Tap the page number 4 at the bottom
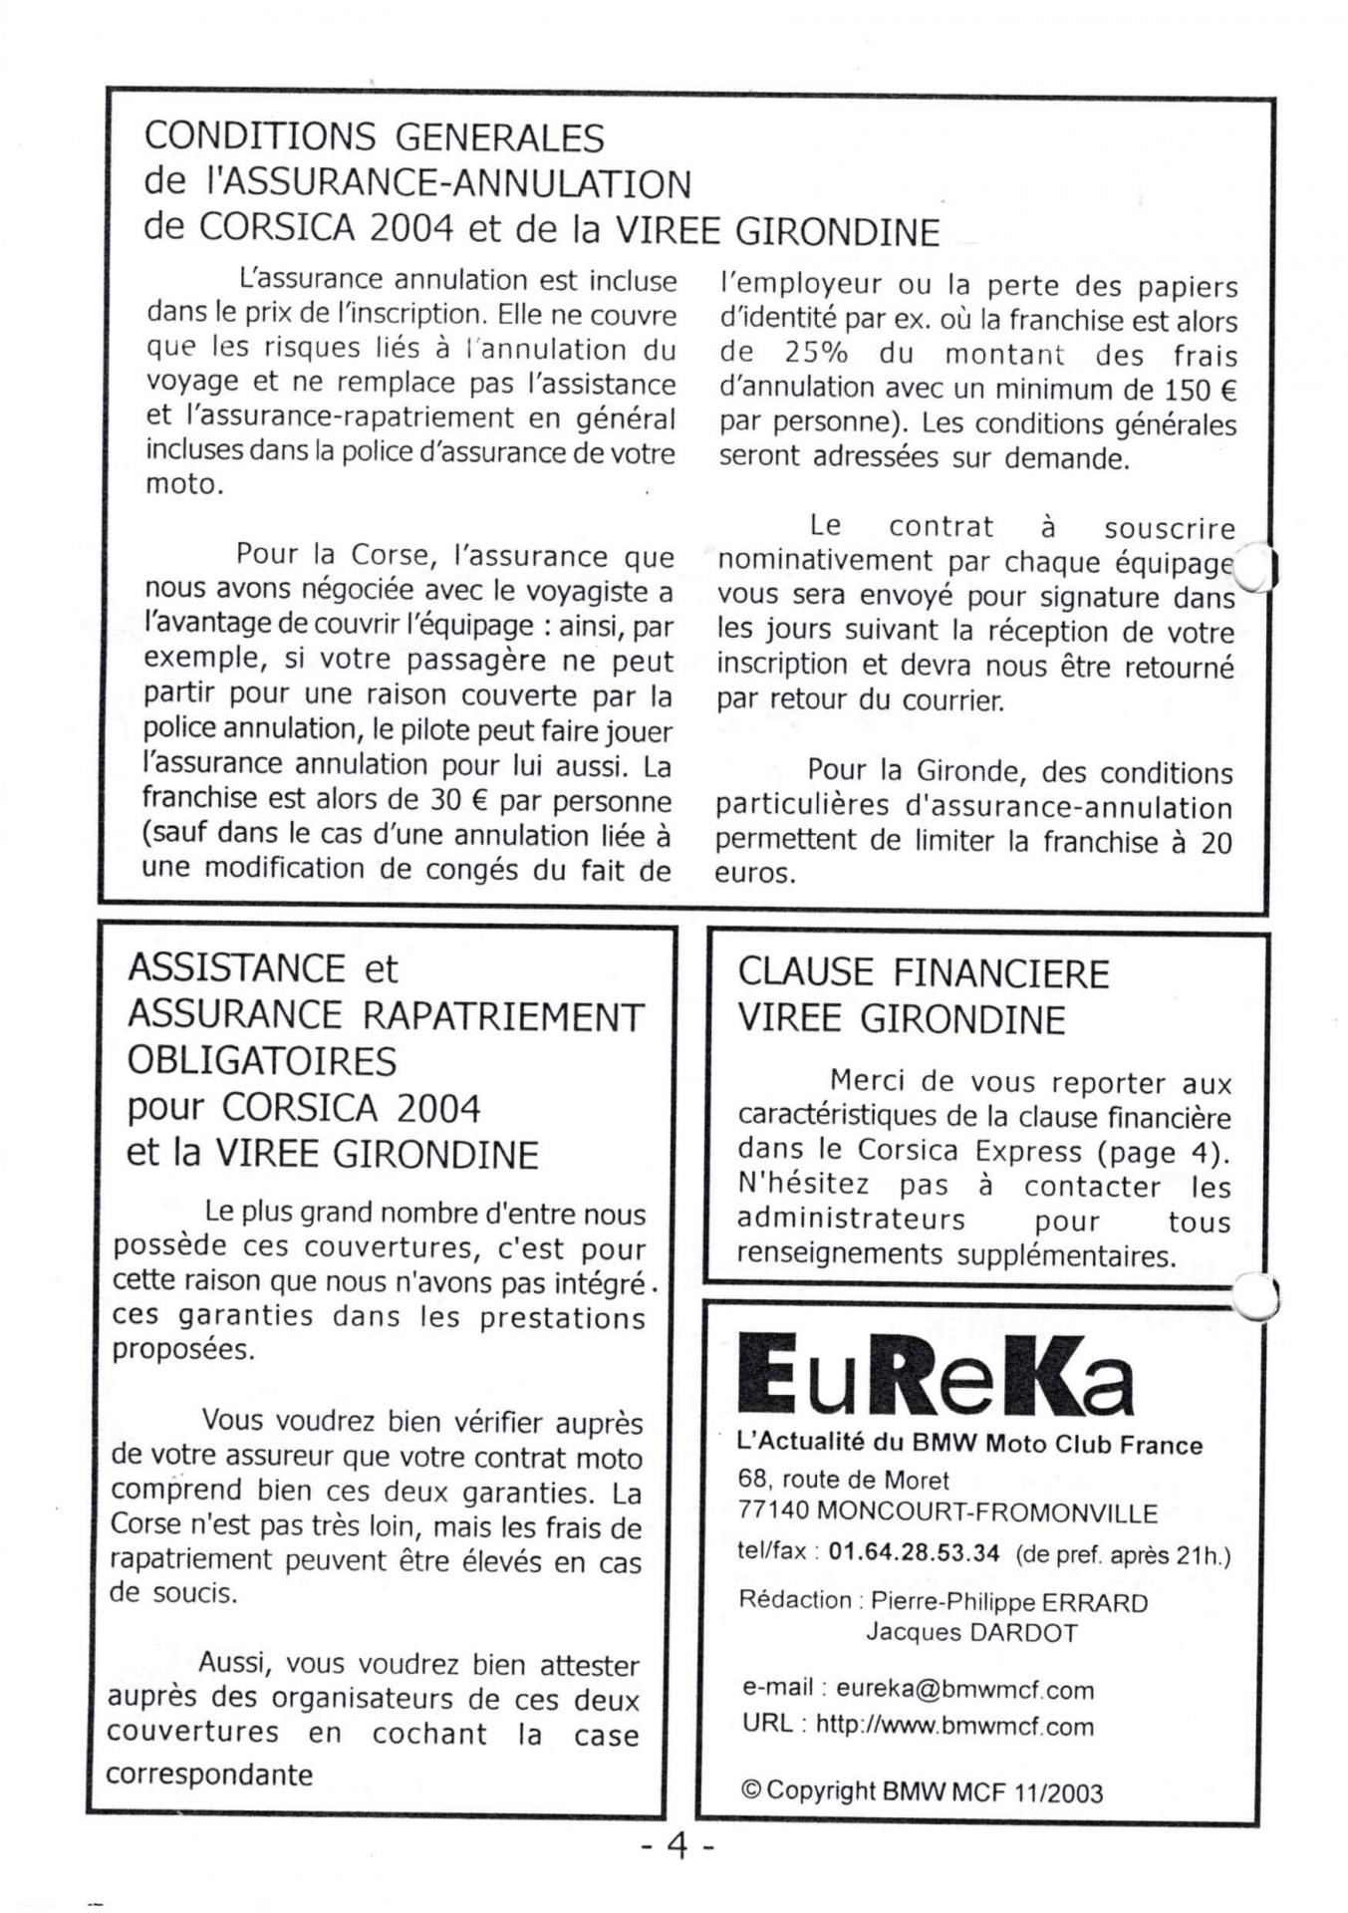(677, 1846)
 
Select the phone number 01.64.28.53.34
(914, 1554)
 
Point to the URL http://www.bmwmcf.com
(953, 1726)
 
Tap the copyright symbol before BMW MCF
(750, 1790)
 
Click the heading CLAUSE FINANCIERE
(923, 973)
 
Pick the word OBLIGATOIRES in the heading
(261, 1061)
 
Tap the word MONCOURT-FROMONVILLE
(986, 1512)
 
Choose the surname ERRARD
(1094, 1602)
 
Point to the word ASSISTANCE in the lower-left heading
(236, 967)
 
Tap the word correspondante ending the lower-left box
(209, 1774)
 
